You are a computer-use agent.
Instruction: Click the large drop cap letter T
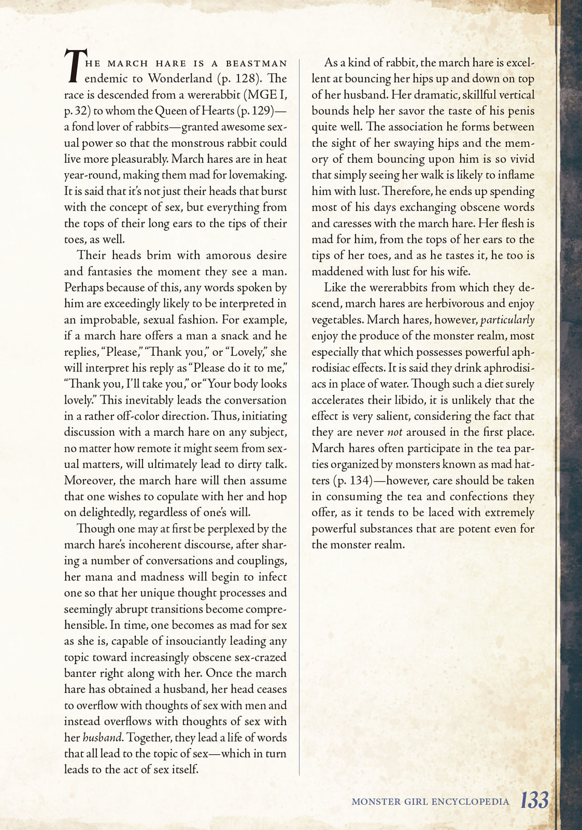(x=74, y=66)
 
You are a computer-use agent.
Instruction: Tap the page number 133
(x=534, y=800)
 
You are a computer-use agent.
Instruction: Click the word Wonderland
(x=180, y=79)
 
